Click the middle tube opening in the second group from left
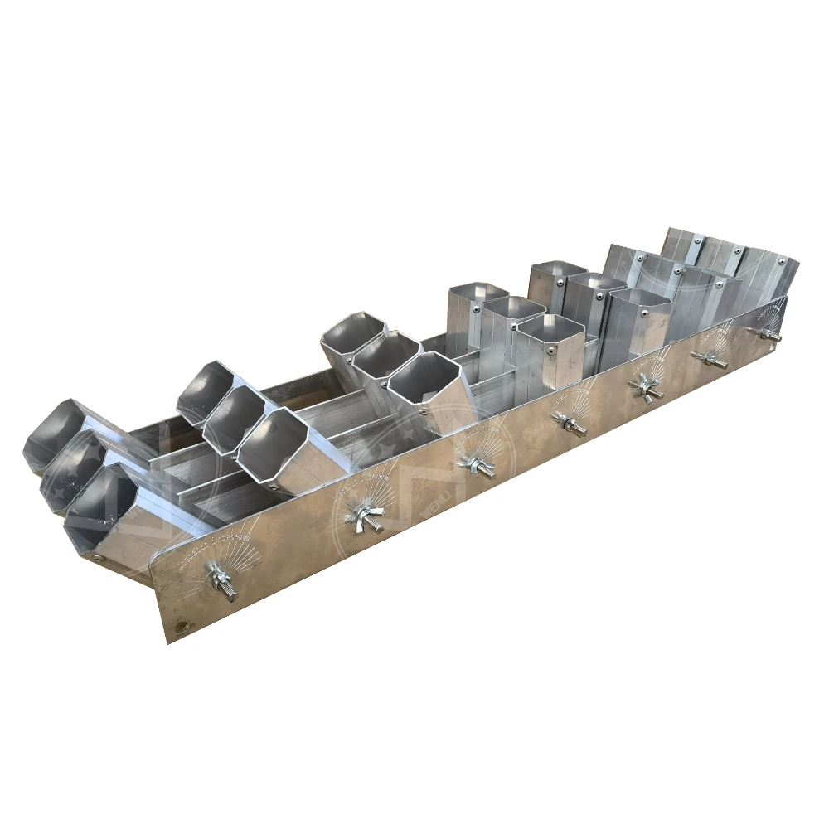234,417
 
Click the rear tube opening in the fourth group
478,292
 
